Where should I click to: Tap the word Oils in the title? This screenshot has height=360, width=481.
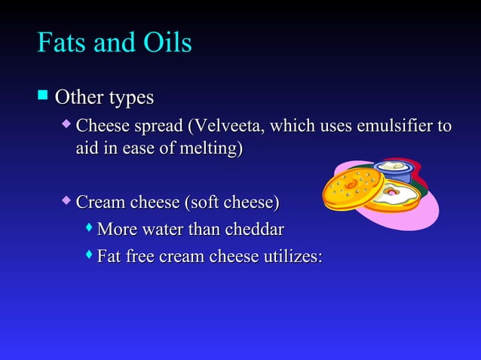pyautogui.click(x=165, y=43)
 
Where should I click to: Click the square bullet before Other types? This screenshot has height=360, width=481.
pyautogui.click(x=43, y=96)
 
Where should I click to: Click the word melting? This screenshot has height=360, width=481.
pyautogui.click(x=214, y=149)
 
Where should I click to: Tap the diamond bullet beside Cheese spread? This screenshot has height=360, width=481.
pyautogui.click(x=67, y=122)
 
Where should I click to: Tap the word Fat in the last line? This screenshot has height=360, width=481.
pyautogui.click(x=110, y=257)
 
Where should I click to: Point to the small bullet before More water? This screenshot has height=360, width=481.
pyautogui.click(x=90, y=227)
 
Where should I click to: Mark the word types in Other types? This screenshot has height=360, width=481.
pyautogui.click(x=130, y=98)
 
